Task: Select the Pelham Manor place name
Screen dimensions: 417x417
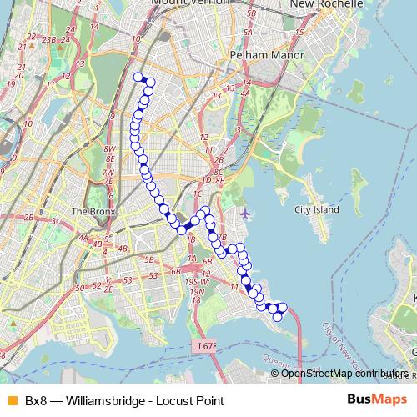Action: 268,55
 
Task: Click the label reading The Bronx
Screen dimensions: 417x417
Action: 92,211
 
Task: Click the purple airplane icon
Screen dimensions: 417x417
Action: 244,213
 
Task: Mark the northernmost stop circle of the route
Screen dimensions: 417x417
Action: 138,77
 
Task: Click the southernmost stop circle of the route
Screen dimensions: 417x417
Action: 278,317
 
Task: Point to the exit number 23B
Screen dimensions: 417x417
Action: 48,38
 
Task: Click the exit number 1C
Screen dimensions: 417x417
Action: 198,193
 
